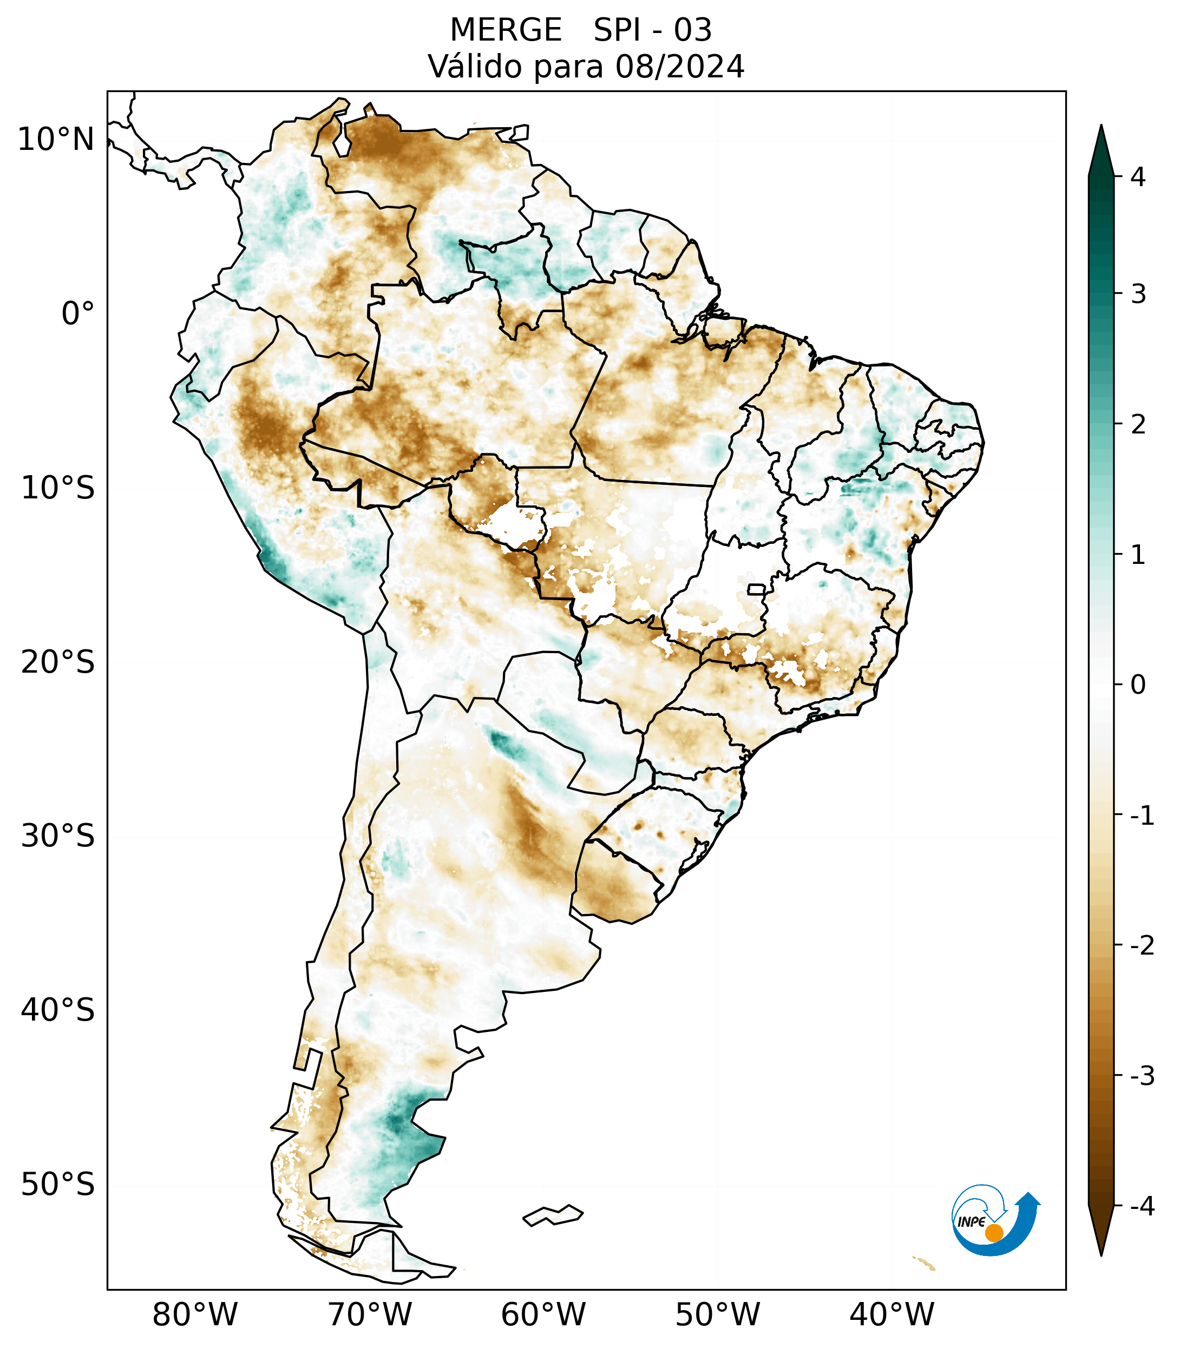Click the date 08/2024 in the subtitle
coord(679,67)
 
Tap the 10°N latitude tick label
coord(55,140)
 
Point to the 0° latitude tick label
coord(78,314)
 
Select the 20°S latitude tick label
coord(58,662)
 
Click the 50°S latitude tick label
coord(58,1185)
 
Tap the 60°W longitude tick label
coord(543,1314)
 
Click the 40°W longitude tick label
coord(892,1314)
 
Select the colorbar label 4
coord(1138,177)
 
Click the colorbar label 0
coord(1138,685)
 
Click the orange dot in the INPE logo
coord(994,1233)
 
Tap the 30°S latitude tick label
coord(58,836)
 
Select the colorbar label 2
coord(1138,424)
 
